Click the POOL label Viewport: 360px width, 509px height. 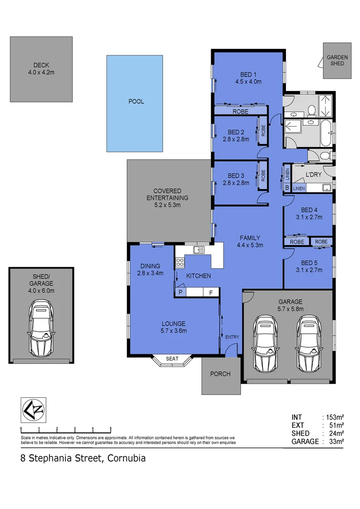pyautogui.click(x=136, y=101)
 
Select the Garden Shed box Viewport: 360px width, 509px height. pyautogui.click(x=337, y=61)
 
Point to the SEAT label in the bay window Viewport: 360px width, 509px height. pyautogui.click(x=172, y=359)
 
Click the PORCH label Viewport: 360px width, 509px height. pyautogui.click(x=220, y=374)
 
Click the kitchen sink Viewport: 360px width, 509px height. pyautogui.click(x=198, y=249)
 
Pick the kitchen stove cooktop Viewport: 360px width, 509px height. pyautogui.click(x=180, y=262)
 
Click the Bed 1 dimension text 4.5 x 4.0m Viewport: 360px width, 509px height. pyautogui.click(x=248, y=82)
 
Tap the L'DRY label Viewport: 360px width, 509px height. pyautogui.click(x=313, y=175)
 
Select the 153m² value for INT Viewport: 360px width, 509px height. pyautogui.click(x=333, y=417)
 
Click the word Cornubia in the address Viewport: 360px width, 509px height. pyautogui.click(x=127, y=458)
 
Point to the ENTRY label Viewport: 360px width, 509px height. pyautogui.click(x=232, y=337)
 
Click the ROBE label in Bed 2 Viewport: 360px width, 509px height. pyautogui.click(x=263, y=131)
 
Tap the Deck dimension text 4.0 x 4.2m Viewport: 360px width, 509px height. pyautogui.click(x=41, y=73)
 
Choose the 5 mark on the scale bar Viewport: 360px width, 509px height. pyautogui.click(x=111, y=429)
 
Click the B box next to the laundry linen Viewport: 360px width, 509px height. pyautogui.click(x=286, y=188)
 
